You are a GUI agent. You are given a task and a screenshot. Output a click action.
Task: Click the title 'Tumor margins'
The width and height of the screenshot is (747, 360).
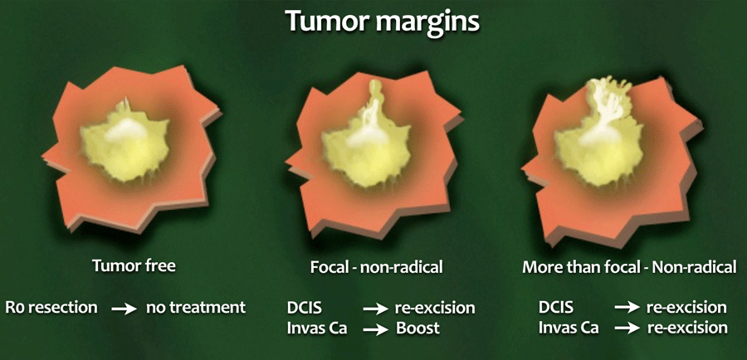click(x=383, y=22)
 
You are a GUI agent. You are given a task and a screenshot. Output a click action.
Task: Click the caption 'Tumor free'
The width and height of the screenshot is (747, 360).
click(x=134, y=265)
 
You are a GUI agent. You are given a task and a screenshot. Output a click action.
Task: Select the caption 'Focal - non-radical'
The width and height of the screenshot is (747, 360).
click(x=376, y=267)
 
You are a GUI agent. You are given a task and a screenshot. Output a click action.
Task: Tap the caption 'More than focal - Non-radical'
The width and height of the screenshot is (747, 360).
click(x=629, y=267)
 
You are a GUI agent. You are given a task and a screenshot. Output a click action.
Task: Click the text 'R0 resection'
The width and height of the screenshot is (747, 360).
click(x=51, y=308)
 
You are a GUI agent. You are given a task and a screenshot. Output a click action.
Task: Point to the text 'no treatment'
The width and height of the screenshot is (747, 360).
click(x=196, y=308)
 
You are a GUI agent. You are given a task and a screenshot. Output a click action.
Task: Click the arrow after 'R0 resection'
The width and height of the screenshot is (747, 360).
click(x=124, y=309)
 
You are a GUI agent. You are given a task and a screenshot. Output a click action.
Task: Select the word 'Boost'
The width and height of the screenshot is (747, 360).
click(x=417, y=328)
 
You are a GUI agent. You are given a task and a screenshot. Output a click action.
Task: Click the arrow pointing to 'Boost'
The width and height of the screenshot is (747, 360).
click(x=375, y=329)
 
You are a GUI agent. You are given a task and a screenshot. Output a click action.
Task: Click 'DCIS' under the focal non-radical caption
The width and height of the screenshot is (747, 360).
click(x=305, y=308)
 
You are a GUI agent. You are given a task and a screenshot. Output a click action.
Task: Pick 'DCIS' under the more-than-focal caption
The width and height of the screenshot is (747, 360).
click(x=556, y=307)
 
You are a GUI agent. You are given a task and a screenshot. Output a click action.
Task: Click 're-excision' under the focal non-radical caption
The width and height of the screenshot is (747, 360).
click(x=435, y=308)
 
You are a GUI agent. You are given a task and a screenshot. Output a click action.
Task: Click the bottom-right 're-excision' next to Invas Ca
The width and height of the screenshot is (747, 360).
click(x=687, y=328)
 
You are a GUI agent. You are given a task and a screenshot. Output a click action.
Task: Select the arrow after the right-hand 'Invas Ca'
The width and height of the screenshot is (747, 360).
click(x=627, y=328)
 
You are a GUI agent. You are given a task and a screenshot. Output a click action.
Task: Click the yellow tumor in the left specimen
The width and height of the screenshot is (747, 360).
click(x=124, y=144)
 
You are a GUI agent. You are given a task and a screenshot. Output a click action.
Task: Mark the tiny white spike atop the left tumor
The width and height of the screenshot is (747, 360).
click(x=126, y=104)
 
